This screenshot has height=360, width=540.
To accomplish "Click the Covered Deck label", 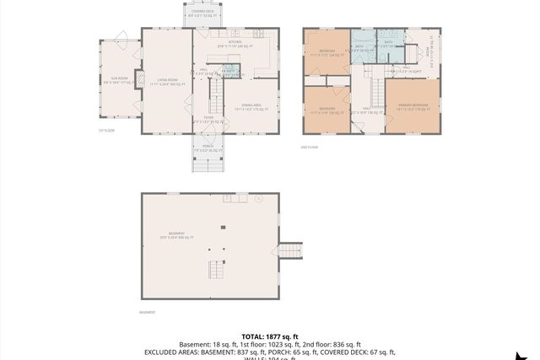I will point(202,13).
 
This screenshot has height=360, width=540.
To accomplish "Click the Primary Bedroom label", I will point(413,106).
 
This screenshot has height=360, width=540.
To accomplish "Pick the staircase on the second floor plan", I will point(369,88).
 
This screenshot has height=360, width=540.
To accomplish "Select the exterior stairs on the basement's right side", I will point(291,250).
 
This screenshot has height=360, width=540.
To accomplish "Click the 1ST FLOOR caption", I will point(105,131).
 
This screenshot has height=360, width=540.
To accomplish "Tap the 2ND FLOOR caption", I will point(310,147).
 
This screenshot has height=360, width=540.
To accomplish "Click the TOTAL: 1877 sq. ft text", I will point(269,336).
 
